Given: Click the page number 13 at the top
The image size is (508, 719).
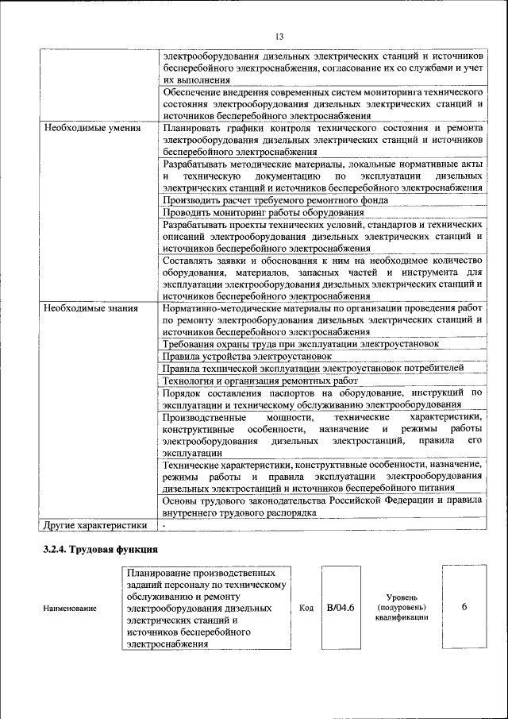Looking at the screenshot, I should pyautogui.click(x=279, y=37).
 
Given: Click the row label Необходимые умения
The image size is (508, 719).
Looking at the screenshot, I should pyautogui.click(x=92, y=128).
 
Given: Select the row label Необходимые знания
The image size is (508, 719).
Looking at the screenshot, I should pyautogui.click(x=90, y=308).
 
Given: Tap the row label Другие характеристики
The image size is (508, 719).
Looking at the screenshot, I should pyautogui.click(x=96, y=525).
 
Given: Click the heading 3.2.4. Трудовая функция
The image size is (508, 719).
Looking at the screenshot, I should pyautogui.click(x=101, y=549).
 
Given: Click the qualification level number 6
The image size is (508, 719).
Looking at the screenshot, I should pyautogui.click(x=464, y=608).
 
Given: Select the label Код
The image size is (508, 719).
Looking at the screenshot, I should pyautogui.click(x=306, y=609).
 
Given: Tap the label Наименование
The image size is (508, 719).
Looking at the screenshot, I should pyautogui.click(x=71, y=609).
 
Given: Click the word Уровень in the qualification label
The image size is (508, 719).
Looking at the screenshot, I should pyautogui.click(x=402, y=597).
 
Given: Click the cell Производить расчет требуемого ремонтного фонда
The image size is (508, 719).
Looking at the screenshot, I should pyautogui.click(x=275, y=200).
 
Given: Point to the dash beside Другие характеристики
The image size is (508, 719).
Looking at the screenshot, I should pyautogui.click(x=164, y=525).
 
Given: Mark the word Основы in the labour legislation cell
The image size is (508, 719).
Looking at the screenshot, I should pyautogui.click(x=179, y=501).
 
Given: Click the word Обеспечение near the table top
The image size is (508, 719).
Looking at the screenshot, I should pyautogui.click(x=194, y=93).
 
